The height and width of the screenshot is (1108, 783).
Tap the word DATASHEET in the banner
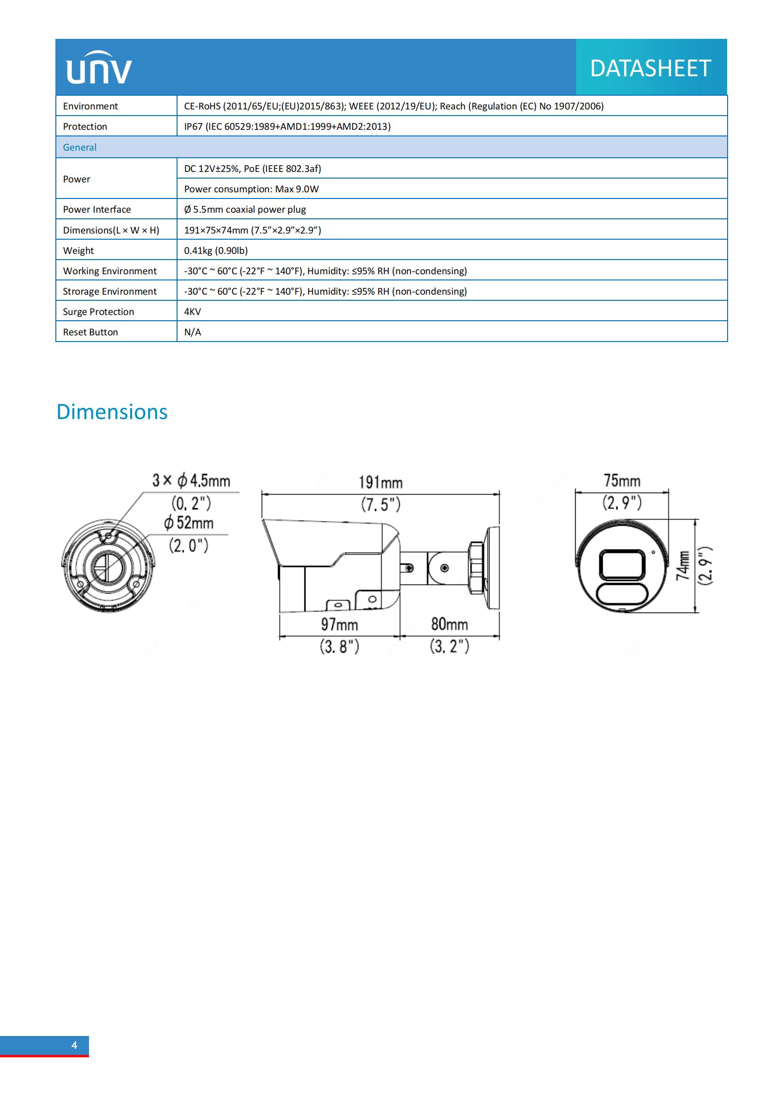tap(650, 68)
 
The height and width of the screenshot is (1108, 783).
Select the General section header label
tap(80, 148)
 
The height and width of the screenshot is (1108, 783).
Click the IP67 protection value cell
tap(287, 126)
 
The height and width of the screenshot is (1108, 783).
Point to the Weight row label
tap(78, 251)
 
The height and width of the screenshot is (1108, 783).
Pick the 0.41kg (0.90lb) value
tap(215, 251)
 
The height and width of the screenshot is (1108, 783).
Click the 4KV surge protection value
tap(192, 312)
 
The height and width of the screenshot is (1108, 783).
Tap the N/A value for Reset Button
tap(192, 332)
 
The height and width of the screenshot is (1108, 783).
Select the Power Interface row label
tap(97, 209)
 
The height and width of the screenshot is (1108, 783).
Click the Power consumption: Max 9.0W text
tap(251, 189)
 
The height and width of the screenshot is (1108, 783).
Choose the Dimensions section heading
tap(112, 412)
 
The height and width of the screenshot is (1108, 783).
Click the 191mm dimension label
tap(381, 482)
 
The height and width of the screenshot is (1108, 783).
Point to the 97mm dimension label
tap(339, 624)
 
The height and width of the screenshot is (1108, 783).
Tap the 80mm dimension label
tap(449, 624)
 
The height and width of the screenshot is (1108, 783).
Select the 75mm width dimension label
tap(622, 481)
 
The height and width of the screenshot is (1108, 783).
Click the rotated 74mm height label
tap(682, 566)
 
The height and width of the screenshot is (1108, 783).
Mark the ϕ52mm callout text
tap(188, 522)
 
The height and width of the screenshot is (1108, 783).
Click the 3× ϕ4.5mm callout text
tap(191, 480)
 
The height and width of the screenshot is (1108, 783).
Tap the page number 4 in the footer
tap(74, 1045)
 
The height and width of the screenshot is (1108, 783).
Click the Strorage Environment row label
tap(109, 291)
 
